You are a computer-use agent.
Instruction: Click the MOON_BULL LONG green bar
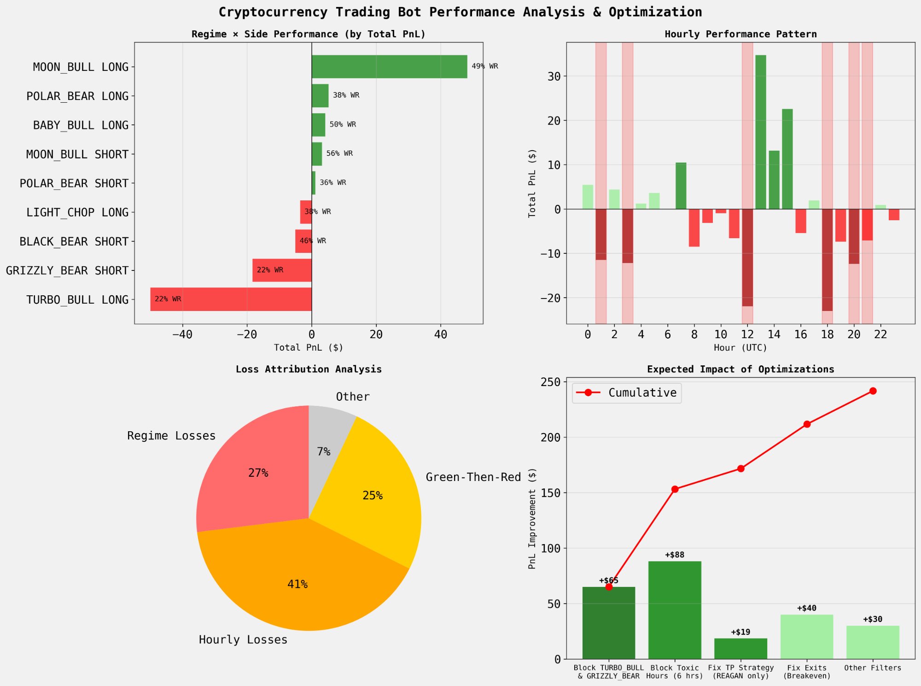coord(389,67)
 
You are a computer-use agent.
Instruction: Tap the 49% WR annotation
coord(484,66)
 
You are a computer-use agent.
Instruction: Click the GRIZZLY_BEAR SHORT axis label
coord(67,270)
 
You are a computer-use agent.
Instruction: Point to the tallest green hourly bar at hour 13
coord(760,132)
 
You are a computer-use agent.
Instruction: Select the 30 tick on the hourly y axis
coord(554,76)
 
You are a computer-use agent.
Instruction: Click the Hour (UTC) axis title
coord(740,348)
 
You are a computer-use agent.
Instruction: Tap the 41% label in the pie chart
coord(297,584)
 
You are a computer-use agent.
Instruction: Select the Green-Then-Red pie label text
coord(473,477)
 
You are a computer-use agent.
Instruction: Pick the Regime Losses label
coord(171,436)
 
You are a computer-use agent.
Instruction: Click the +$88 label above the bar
coord(674,555)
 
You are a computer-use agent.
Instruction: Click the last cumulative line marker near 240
coord(873,391)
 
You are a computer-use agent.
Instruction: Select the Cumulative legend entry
coord(626,393)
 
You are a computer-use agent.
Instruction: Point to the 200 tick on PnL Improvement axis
coord(550,437)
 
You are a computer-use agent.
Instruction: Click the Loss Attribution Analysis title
coord(309,369)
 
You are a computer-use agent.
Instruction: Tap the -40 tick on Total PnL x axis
coord(182,335)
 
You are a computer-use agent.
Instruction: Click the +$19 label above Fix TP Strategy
coord(740,632)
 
